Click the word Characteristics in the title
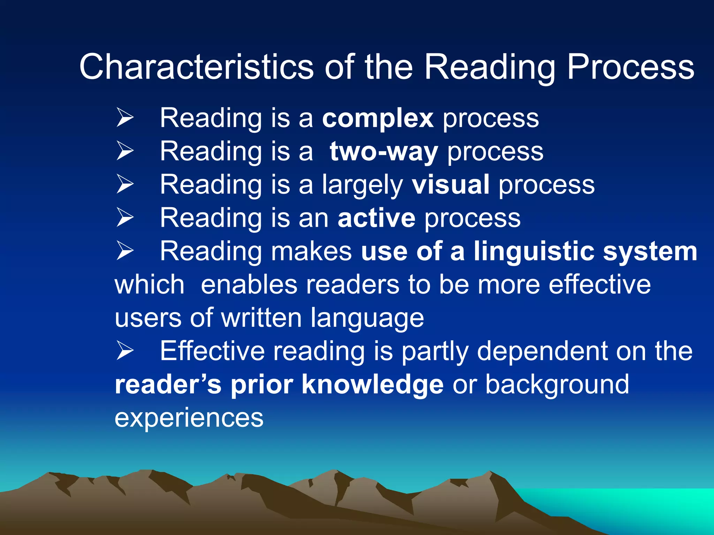[x=196, y=67]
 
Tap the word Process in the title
[x=630, y=67]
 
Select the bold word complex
[x=378, y=119]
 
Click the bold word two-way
[x=383, y=152]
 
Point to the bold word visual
[x=450, y=185]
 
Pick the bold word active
[x=377, y=218]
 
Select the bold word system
[x=650, y=251]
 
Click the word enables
[x=249, y=285]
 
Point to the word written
[x=261, y=318]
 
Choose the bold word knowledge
[x=372, y=384]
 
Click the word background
[x=557, y=384]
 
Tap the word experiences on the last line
[x=189, y=417]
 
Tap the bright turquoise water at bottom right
[x=645, y=505]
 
